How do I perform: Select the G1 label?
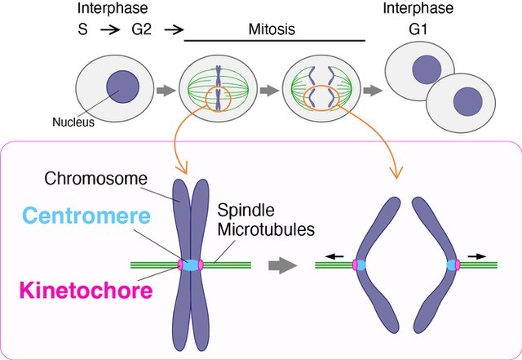(418, 31)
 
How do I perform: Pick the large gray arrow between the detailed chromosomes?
(281, 264)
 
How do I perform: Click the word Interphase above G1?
(418, 10)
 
